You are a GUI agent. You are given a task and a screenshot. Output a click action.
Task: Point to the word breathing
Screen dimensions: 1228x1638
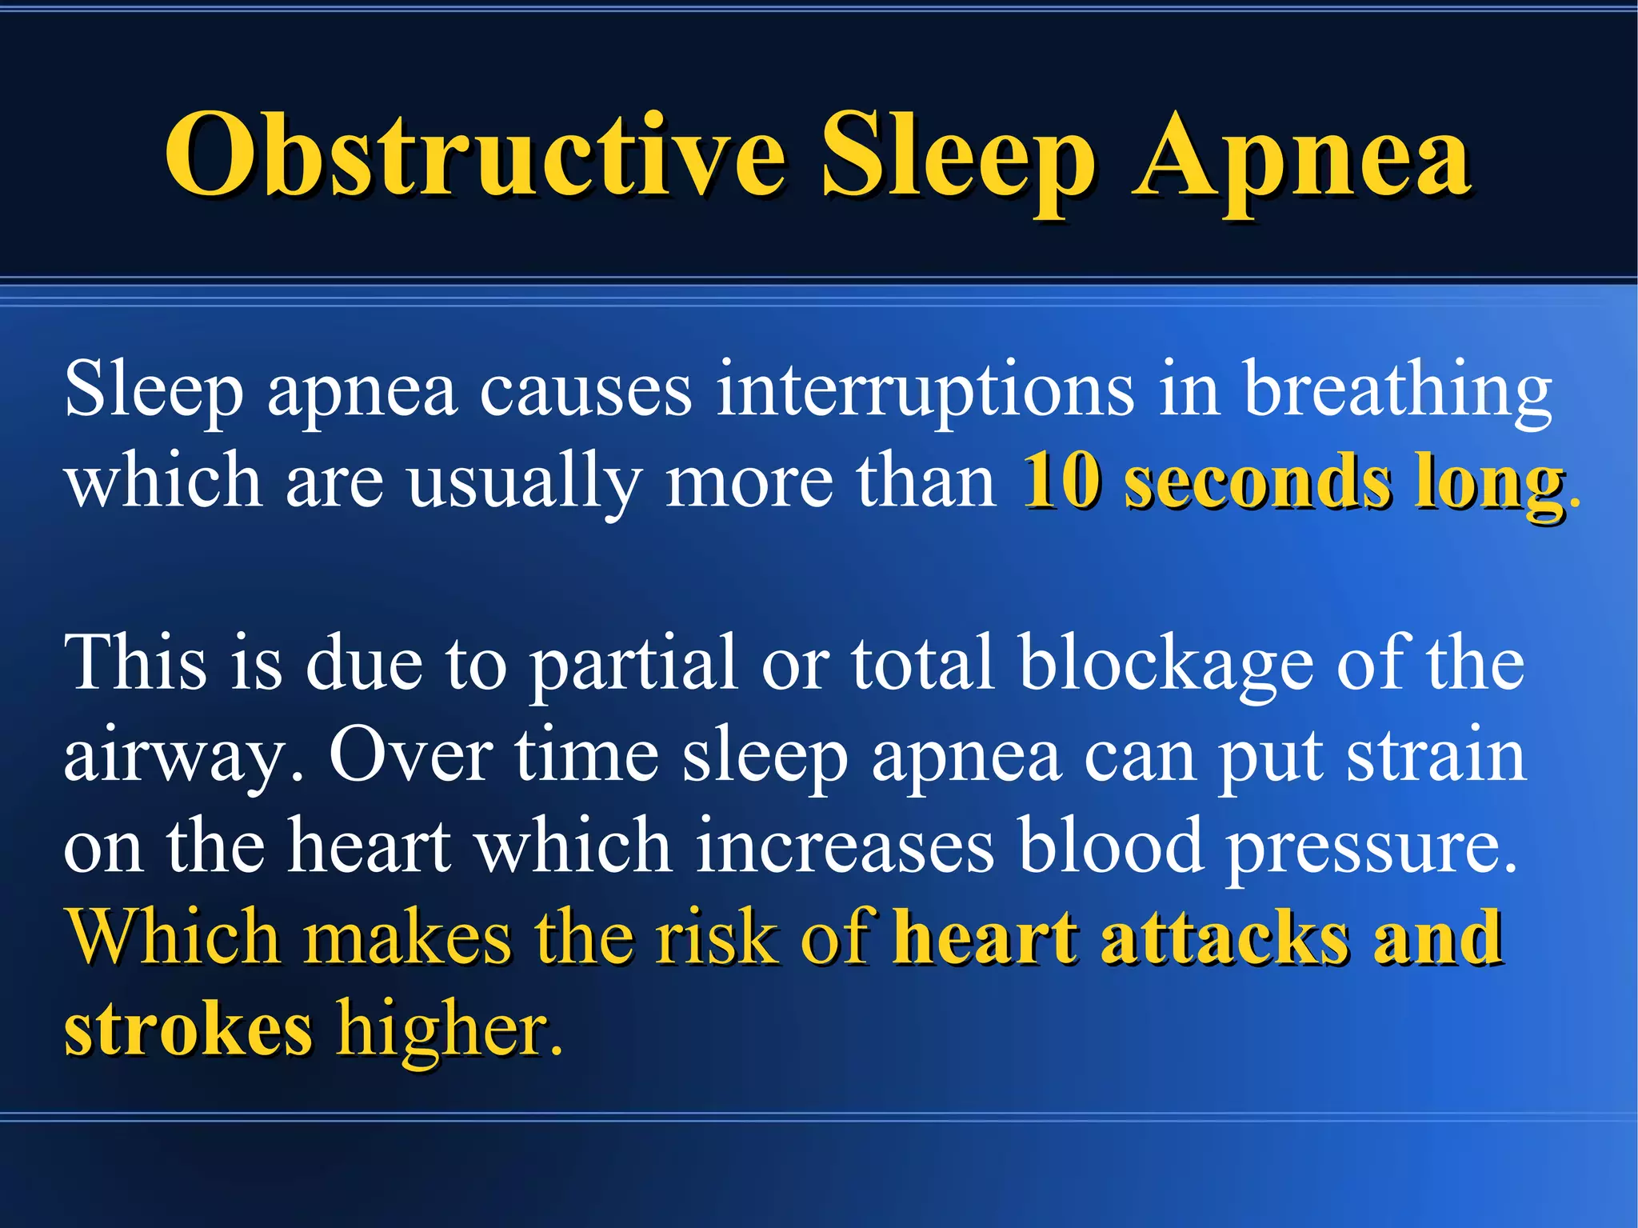pyautogui.click(x=1396, y=390)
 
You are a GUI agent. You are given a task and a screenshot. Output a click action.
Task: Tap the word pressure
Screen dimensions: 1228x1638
pyautogui.click(x=1372, y=848)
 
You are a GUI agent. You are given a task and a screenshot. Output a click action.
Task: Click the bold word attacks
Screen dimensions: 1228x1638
pyautogui.click(x=1225, y=937)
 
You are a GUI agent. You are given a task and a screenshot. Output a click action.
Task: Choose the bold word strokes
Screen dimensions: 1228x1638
pyautogui.click(x=188, y=1029)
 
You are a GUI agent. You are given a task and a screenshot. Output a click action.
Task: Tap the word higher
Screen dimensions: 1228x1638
pyautogui.click(x=449, y=1030)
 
